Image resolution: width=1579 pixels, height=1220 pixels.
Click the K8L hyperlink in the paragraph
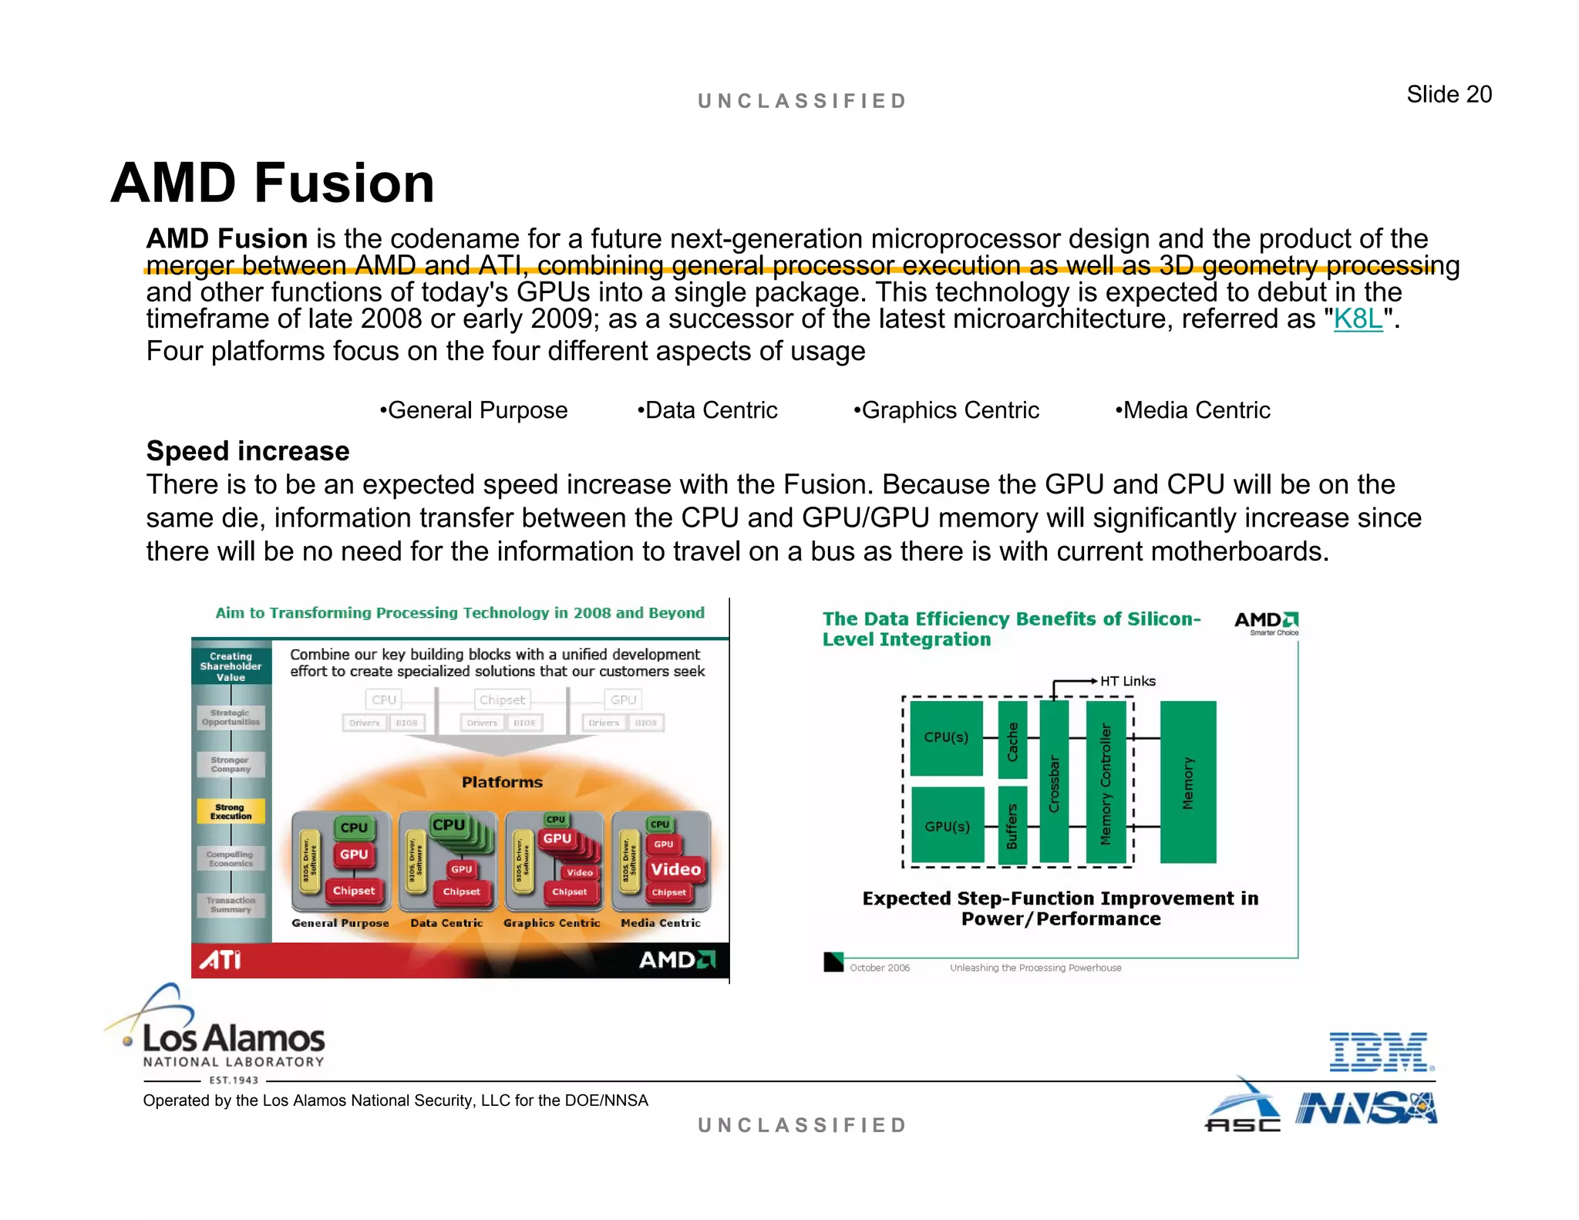[x=1358, y=319]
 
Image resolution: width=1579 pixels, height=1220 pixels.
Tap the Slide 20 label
[x=1449, y=95]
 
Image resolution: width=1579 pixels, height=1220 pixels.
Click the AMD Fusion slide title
[x=273, y=184]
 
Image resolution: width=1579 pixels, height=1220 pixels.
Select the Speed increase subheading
[x=247, y=451]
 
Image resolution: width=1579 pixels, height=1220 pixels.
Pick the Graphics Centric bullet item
[x=946, y=410]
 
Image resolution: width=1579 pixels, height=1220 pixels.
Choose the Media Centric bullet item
[x=1193, y=410]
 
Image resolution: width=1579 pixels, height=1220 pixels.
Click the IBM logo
[x=1381, y=1052]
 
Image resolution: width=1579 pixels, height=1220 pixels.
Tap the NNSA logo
[x=1365, y=1109]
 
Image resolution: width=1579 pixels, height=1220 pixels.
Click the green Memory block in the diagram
[x=1187, y=782]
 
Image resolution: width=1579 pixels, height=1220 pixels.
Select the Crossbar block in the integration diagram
[x=1054, y=782]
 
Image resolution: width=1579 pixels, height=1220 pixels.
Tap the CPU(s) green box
[x=946, y=737]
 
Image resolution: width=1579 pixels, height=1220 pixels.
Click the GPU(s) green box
[x=947, y=826]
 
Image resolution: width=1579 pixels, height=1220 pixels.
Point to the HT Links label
[x=1127, y=681]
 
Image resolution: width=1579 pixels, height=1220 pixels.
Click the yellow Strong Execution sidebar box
[x=231, y=811]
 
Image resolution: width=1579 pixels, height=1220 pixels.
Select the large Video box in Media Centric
[x=675, y=869]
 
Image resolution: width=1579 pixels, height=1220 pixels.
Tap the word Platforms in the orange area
[x=502, y=782]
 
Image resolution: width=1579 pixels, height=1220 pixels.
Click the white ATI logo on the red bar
[x=221, y=960]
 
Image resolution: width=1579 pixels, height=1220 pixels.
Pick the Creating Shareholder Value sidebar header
[x=231, y=666]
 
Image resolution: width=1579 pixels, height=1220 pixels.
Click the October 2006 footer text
[x=879, y=968]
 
